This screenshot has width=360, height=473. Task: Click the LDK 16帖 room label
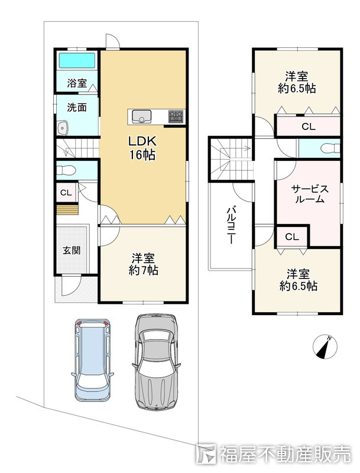pos(142,148)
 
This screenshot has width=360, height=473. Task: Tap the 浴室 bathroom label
pos(77,83)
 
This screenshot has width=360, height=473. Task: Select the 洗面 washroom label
pos(77,107)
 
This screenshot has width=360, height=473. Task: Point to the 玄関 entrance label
pos(72,250)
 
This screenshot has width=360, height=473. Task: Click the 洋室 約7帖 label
pos(143,264)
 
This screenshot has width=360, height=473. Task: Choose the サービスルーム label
pos(310,194)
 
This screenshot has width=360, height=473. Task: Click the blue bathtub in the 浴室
pos(77,61)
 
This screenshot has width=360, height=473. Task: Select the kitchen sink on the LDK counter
pos(141,116)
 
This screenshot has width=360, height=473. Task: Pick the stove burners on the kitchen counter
pos(176,116)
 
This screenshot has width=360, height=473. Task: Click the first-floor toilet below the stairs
pos(66,170)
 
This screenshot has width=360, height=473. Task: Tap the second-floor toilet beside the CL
pos(330,148)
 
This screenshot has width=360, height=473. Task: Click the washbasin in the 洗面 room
pos(63,128)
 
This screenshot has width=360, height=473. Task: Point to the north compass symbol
pos(325,346)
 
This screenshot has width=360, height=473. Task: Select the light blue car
pos(92,359)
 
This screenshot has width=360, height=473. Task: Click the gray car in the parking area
pos(156,362)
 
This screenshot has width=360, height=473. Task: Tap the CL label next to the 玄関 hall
pos(66,193)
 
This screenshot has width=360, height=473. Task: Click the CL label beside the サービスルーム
pos(292,237)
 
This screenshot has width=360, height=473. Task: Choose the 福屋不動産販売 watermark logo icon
pos(206,454)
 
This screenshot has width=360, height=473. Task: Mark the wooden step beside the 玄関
pos(67,210)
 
